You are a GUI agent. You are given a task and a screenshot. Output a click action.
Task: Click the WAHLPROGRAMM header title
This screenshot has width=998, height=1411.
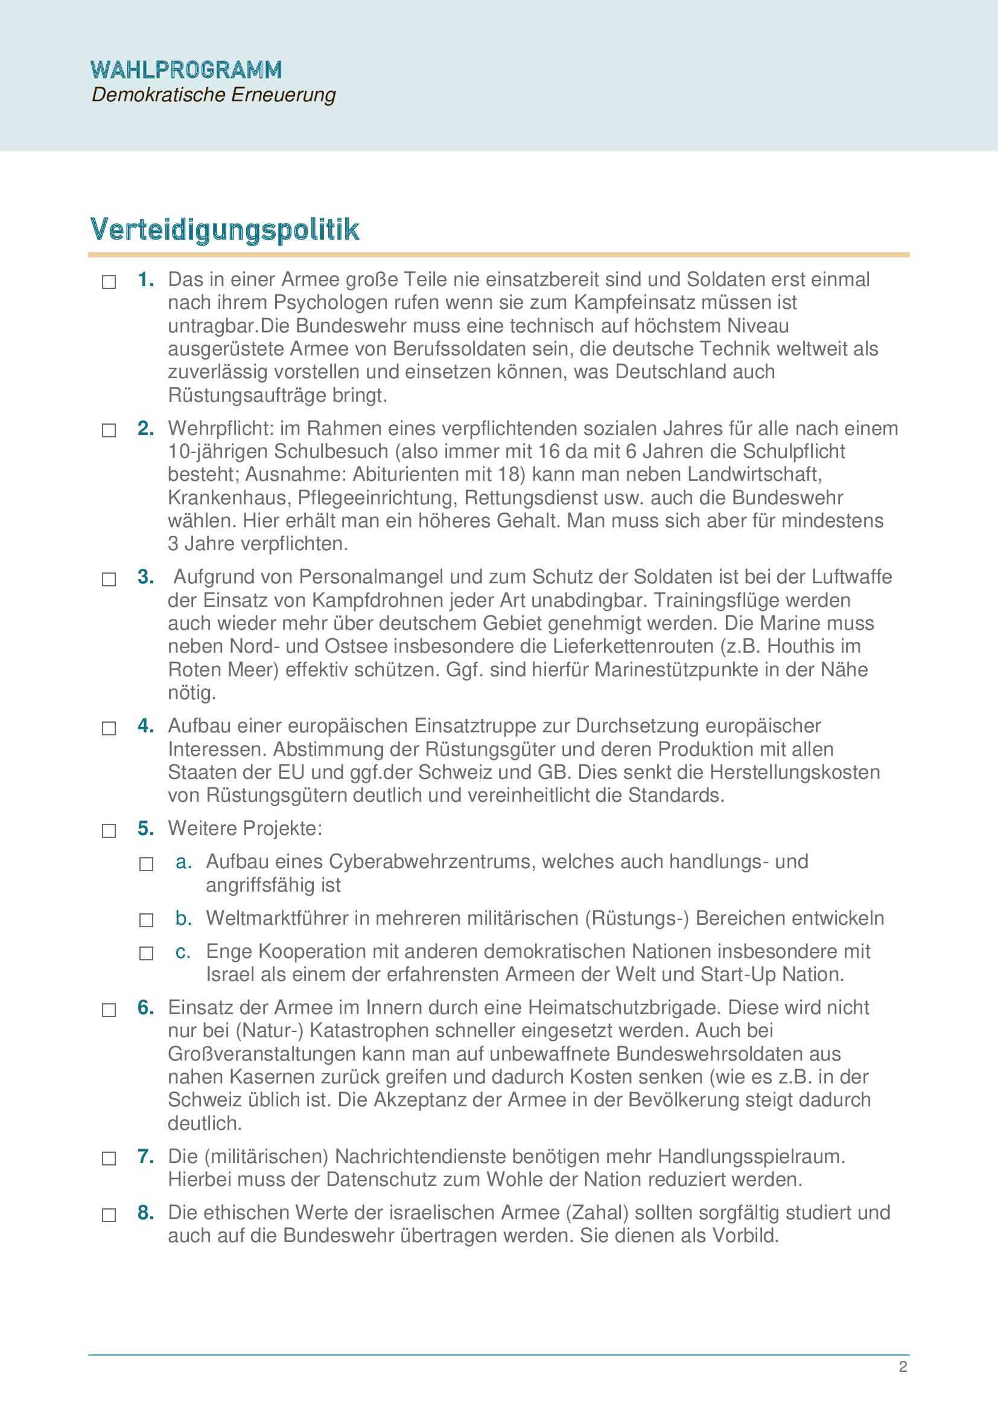tap(186, 70)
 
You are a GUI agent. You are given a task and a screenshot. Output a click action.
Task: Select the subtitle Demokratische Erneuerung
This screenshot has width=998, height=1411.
tap(213, 95)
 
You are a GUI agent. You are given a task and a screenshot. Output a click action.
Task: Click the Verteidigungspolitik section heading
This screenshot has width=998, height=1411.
tap(224, 229)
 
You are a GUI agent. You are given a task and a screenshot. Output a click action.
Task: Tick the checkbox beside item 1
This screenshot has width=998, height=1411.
tap(109, 282)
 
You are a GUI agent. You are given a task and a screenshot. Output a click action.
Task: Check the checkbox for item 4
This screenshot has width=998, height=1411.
tap(109, 728)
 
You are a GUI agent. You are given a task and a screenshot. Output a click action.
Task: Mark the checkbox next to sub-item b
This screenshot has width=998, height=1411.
tap(146, 920)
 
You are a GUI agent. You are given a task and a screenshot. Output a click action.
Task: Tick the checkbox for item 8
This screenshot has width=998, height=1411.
tap(109, 1215)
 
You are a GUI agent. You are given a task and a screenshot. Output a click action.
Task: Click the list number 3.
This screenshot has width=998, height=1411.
tap(145, 577)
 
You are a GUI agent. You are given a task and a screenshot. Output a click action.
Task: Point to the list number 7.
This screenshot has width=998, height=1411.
tap(145, 1156)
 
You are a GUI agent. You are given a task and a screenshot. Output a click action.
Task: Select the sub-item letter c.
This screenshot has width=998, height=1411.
tap(182, 951)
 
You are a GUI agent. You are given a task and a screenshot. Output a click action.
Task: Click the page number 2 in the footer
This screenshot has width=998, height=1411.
tap(903, 1367)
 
